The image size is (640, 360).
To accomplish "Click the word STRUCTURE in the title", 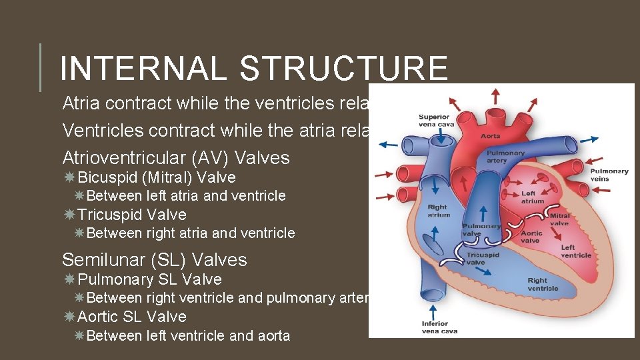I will point(344,69).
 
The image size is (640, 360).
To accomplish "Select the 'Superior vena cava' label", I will point(433,121).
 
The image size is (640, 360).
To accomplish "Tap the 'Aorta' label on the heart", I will point(491,136).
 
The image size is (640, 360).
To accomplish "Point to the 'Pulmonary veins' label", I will point(609,175).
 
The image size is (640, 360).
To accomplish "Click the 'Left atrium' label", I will point(532,197).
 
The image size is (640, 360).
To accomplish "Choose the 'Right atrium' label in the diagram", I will point(438,211).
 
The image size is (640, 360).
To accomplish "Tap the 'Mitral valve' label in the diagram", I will point(560,219).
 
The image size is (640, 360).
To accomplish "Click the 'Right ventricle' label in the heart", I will point(543,285).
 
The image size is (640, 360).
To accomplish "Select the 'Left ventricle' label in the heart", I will point(576,251).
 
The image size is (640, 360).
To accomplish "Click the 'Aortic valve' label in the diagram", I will point(531,237).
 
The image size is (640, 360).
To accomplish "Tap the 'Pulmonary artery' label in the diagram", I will point(505,157).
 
